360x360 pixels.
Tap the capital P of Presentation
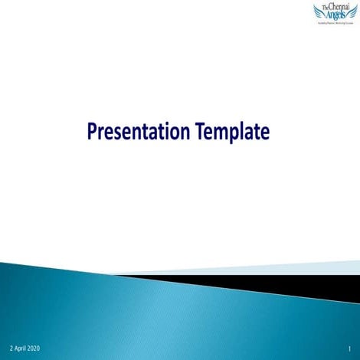tap(92, 132)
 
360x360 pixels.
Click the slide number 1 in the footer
tap(349, 349)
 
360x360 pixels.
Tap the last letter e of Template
tap(265, 133)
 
